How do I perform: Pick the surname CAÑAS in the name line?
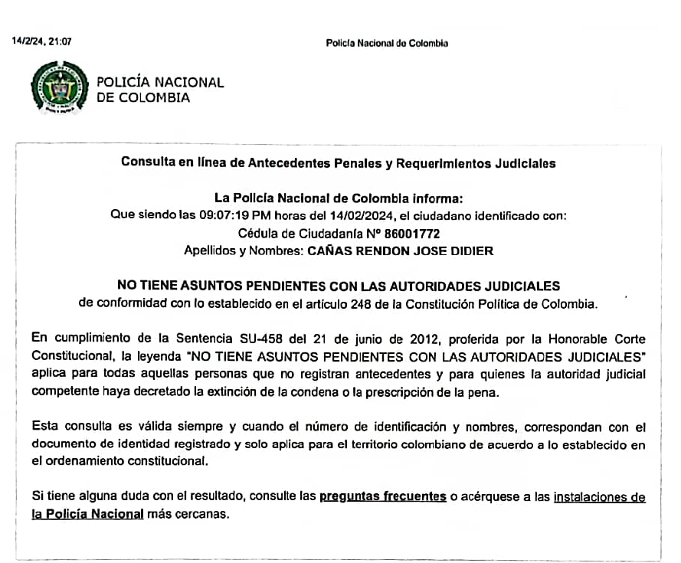coord(332,250)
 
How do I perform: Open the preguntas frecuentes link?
coord(382,497)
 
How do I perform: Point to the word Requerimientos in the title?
coord(431,163)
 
